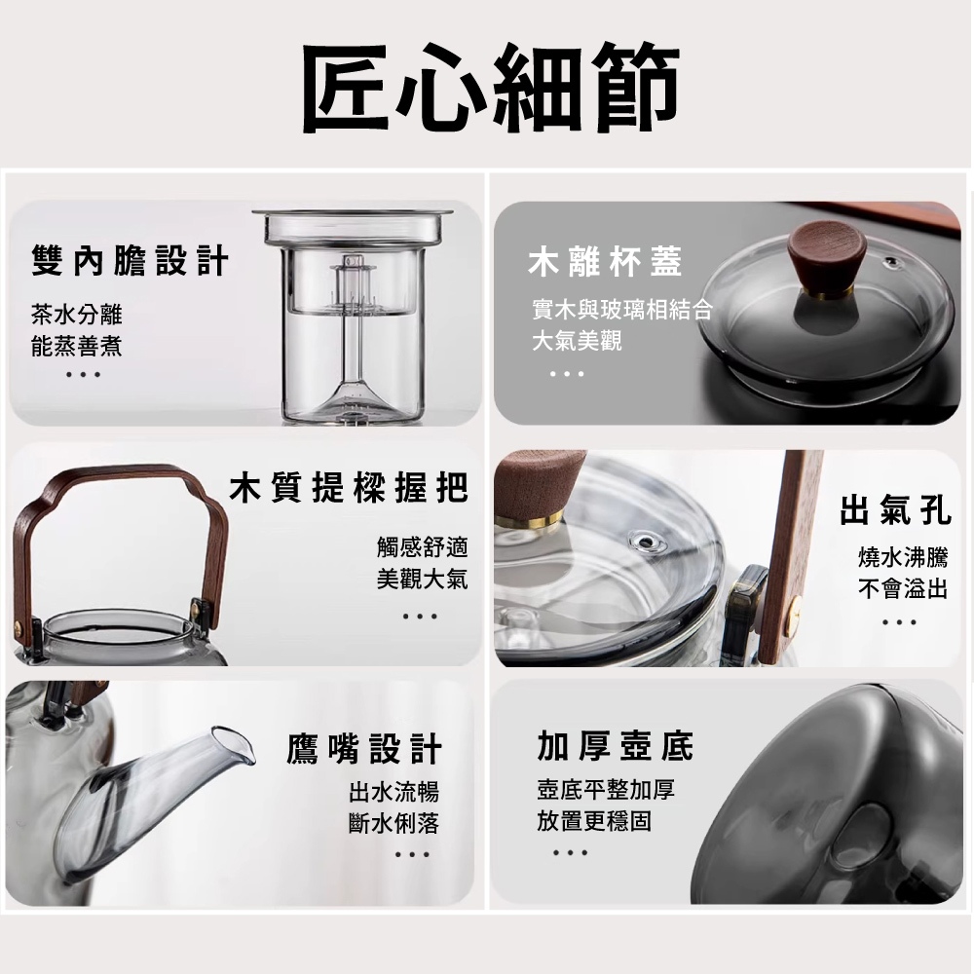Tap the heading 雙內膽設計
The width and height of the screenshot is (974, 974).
click(x=130, y=261)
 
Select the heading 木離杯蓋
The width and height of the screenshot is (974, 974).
click(x=605, y=261)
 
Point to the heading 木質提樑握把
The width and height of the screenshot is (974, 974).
click(x=348, y=488)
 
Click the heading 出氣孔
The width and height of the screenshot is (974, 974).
click(x=895, y=508)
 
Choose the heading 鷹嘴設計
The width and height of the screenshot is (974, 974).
click(x=364, y=750)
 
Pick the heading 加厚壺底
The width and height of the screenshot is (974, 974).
click(x=616, y=746)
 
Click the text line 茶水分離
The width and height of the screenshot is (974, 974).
click(x=77, y=314)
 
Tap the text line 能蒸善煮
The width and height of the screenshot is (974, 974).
click(x=77, y=345)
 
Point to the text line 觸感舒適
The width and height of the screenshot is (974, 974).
click(x=422, y=546)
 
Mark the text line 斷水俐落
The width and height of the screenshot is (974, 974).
click(x=393, y=823)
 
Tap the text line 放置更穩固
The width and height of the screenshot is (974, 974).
click(x=594, y=821)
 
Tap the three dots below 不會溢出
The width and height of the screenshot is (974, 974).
click(x=899, y=621)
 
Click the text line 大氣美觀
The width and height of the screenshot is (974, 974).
click(x=577, y=341)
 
